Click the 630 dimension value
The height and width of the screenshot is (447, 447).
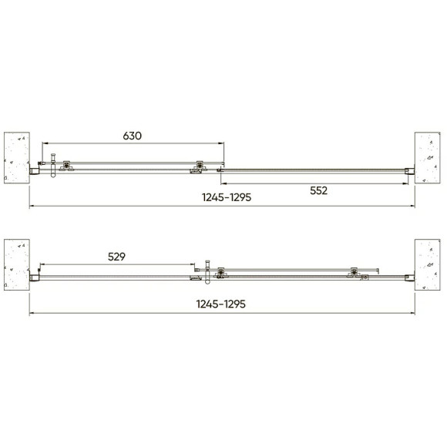[x=132, y=136]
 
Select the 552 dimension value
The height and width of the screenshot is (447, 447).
[x=319, y=190]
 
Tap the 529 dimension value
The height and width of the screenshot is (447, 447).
[x=116, y=257]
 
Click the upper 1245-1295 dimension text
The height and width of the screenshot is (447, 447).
[x=227, y=197]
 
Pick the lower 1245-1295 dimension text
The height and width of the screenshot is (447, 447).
[x=221, y=304]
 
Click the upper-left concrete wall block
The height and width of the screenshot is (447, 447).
[x=17, y=158]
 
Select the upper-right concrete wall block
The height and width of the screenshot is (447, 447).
[x=427, y=158]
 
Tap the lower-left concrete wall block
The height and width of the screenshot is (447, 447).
[x=17, y=264]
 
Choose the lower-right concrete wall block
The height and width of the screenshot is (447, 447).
[x=427, y=264]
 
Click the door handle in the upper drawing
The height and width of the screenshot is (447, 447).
[x=53, y=166]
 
